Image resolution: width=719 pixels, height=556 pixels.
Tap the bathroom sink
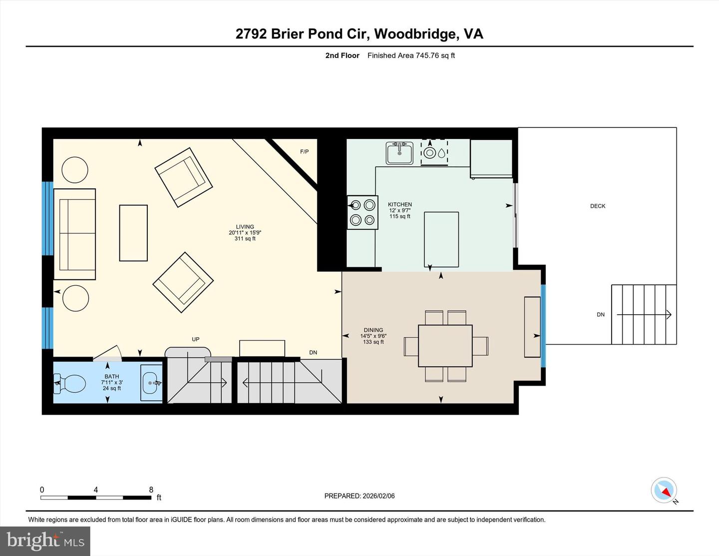point(151,383)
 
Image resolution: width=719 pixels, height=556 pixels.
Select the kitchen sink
point(399,153)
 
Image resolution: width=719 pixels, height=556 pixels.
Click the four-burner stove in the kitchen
point(362,212)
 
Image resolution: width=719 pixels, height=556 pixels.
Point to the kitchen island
point(441,239)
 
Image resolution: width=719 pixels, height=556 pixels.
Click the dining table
point(445,346)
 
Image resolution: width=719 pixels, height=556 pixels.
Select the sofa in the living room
point(75,234)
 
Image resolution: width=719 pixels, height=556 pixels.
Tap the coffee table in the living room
point(133,233)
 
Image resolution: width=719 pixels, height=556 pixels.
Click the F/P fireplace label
point(304,151)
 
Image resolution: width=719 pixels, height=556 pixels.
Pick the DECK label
point(598,206)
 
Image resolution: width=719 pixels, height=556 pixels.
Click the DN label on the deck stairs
point(601,315)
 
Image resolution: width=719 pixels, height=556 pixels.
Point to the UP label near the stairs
point(196,339)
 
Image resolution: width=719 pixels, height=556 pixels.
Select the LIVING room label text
point(245,227)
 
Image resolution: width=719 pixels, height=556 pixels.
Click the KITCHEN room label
point(400,204)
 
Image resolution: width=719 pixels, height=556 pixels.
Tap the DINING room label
point(373,330)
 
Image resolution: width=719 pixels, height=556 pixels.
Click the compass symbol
point(664,490)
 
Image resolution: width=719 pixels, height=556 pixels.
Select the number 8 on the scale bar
point(151,490)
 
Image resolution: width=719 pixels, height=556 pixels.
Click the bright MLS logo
point(45,541)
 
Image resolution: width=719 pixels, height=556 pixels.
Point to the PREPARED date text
point(359,496)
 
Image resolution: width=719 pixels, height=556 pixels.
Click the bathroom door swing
point(108,353)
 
